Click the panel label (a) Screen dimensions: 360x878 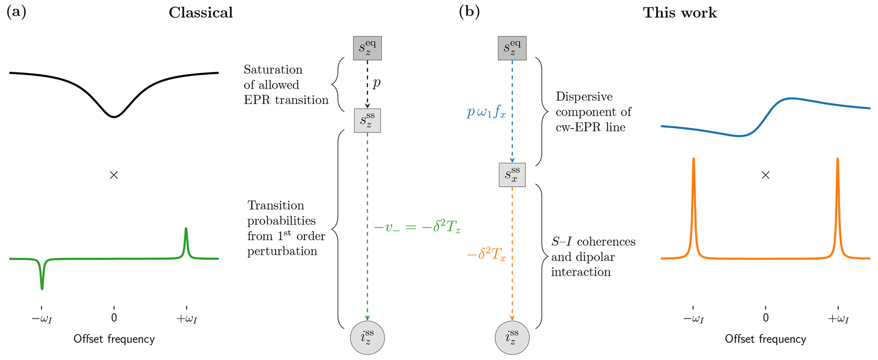coord(17,12)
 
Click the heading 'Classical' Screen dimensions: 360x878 coord(200,13)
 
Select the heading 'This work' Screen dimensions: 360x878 coord(680,13)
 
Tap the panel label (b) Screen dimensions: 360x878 coord(469,12)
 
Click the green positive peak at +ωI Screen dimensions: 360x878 coord(186,231)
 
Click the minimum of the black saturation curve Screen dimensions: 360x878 coord(114,117)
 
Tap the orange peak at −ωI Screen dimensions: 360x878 coord(693,161)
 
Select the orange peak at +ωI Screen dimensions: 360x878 coord(837,161)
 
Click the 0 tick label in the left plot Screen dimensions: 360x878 coord(114,318)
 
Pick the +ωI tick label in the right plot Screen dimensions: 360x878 coord(838,318)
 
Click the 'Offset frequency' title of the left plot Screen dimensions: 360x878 coord(114,339)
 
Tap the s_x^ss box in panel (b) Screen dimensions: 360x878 coord(512,175)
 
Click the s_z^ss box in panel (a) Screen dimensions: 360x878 coord(367,121)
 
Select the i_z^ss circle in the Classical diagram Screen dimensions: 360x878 coord(367,338)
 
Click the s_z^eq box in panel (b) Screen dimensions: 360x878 coord(512,48)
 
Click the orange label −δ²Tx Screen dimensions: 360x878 coord(486,256)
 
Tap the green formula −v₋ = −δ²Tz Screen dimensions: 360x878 coord(417,228)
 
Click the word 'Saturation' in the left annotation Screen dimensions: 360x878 coord(273,70)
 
